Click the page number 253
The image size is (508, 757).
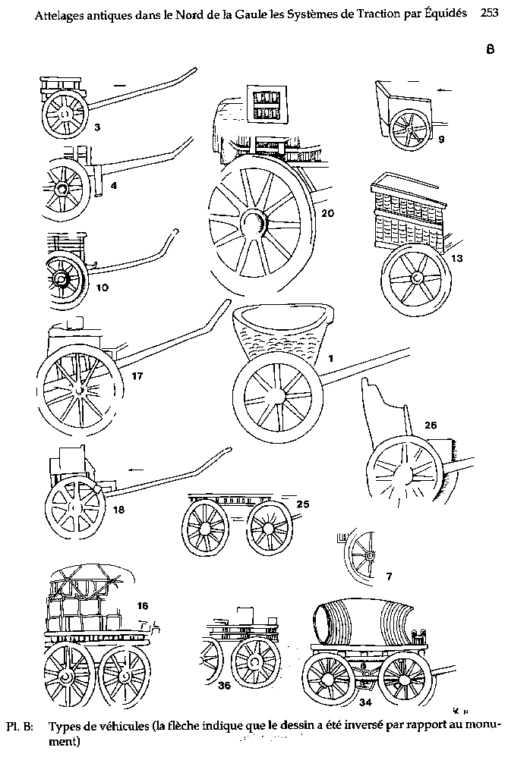coord(489,13)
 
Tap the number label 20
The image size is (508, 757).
coord(327,214)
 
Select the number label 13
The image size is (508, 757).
coord(456,259)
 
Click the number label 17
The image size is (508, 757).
coord(137,375)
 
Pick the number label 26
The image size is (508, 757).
coord(430,426)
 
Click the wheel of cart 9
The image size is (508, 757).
coord(410,130)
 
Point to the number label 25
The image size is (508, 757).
coord(303,503)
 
